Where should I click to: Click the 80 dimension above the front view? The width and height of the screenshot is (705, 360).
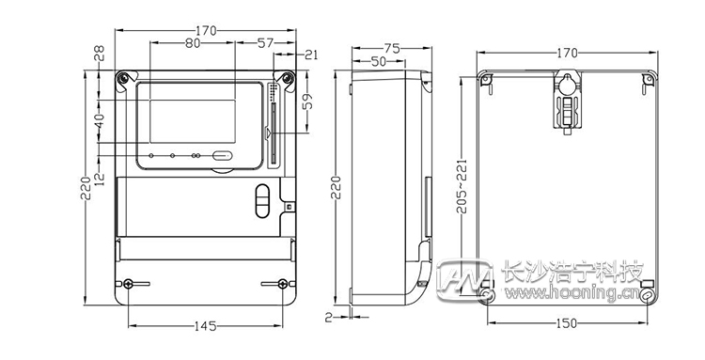[x=192, y=43]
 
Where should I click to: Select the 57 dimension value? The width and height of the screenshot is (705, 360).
[x=265, y=43]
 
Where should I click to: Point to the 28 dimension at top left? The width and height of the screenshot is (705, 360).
[x=100, y=56]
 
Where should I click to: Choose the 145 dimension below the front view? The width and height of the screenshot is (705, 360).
[x=206, y=326]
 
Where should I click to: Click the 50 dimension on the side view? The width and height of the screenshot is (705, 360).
[x=379, y=61]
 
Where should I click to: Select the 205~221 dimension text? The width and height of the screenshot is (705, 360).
[x=461, y=184]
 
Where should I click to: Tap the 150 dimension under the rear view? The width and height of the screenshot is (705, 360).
[x=567, y=323]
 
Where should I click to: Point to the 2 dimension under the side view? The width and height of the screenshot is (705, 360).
[x=328, y=317]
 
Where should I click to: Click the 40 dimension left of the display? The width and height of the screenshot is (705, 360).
[x=100, y=122]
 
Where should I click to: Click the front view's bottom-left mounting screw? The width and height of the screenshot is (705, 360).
[x=129, y=284]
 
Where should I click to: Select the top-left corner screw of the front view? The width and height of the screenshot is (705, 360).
[x=122, y=79]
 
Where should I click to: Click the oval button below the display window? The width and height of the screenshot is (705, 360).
[x=222, y=157]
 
